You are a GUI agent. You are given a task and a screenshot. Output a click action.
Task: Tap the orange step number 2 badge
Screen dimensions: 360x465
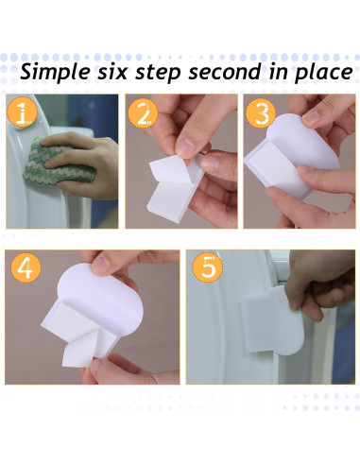tap(143, 113)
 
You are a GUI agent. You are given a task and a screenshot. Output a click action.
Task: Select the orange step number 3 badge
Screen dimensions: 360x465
tap(261, 113)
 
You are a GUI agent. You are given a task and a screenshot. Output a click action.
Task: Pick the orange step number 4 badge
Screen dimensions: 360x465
tap(26, 267)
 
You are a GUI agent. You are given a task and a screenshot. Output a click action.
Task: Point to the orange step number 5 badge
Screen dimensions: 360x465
tap(207, 267)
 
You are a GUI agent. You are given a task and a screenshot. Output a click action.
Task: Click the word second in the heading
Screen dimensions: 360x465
tap(225, 72)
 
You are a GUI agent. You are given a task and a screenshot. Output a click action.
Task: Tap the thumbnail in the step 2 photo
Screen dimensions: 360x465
tap(185, 146)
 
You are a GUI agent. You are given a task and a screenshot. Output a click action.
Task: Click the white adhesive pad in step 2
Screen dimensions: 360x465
tap(174, 186)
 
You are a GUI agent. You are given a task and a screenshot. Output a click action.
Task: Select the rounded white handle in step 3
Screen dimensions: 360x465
tap(300, 148)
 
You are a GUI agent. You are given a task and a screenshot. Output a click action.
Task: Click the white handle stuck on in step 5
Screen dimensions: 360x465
tap(273, 319)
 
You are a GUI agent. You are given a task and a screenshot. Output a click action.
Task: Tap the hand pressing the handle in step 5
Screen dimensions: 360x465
tap(322, 283)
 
